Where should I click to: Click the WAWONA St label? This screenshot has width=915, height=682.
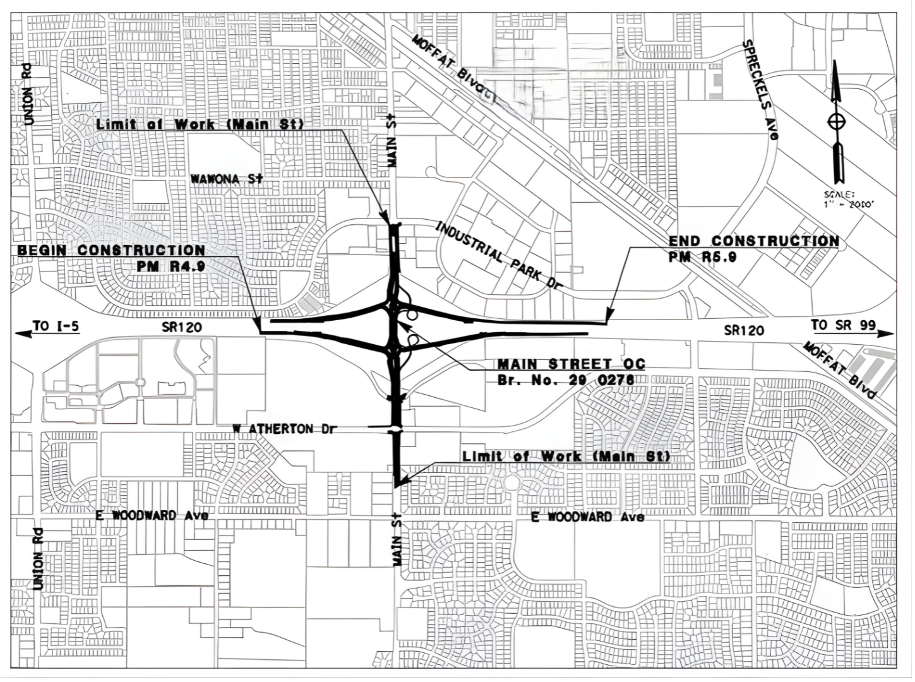tap(226, 179)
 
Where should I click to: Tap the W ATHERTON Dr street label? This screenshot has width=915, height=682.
tap(281, 429)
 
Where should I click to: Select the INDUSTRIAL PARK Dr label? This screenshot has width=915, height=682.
tap(499, 256)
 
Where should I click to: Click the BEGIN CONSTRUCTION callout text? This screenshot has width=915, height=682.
tap(111, 251)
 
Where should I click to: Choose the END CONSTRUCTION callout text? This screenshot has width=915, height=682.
tap(754, 241)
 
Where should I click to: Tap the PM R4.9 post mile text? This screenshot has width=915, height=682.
tap(170, 266)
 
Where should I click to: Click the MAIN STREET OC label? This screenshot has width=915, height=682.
tap(571, 364)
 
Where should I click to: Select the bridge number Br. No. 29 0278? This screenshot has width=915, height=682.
tap(566, 380)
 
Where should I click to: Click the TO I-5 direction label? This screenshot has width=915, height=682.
tap(56, 326)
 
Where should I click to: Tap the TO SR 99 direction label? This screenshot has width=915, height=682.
tap(843, 325)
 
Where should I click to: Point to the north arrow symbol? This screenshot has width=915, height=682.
tap(837, 120)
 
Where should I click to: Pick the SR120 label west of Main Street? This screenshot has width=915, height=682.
tap(181, 326)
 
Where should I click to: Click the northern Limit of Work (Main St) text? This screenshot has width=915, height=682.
tap(200, 124)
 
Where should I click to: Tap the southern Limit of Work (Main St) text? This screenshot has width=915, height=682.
tap(566, 456)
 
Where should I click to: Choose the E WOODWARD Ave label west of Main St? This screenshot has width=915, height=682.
tap(152, 516)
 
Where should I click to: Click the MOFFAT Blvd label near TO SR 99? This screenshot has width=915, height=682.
tap(840, 370)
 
